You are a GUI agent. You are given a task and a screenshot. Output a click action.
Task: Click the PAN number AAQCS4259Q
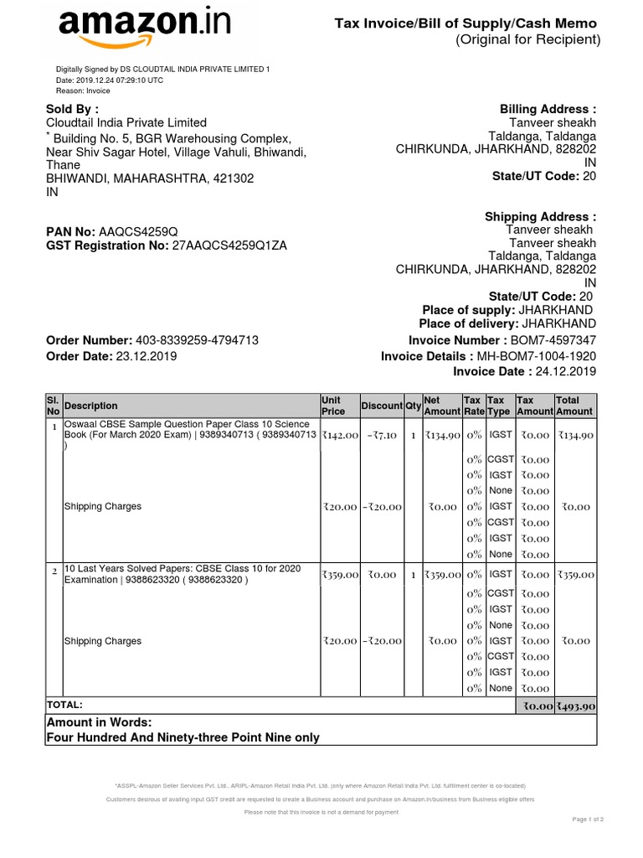(x=138, y=231)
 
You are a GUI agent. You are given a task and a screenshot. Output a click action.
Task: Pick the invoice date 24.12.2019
(x=565, y=371)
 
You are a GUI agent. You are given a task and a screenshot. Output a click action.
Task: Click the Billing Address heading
(x=548, y=109)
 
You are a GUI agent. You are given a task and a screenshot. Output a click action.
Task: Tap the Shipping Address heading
(x=540, y=217)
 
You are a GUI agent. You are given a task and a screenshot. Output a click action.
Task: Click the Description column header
(x=91, y=406)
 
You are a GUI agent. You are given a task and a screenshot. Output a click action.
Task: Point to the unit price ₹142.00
(x=340, y=436)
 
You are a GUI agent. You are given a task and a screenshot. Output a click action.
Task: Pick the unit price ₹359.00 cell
(x=340, y=575)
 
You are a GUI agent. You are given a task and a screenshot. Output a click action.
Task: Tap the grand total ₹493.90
(x=576, y=706)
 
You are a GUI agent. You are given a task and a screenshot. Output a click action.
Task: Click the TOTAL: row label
(x=65, y=706)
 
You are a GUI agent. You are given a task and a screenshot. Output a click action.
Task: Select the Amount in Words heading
(x=99, y=722)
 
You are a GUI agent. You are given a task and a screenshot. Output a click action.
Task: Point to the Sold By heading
(x=72, y=109)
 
